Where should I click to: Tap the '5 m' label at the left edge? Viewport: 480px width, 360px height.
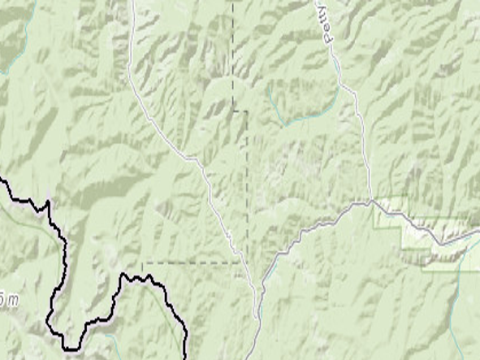pos(8,301)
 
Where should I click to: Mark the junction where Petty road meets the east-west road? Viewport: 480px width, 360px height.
pos(370,200)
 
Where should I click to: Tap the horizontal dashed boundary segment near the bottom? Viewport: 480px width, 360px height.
pos(191,262)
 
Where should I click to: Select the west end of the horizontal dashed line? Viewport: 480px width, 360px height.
pos(144,262)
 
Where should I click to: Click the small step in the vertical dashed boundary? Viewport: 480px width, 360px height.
pos(240,111)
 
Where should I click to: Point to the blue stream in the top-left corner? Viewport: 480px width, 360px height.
pos(8,69)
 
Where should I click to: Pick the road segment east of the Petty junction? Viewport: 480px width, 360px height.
pos(414,223)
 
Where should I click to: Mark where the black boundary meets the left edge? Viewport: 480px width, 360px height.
pos(2,180)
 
